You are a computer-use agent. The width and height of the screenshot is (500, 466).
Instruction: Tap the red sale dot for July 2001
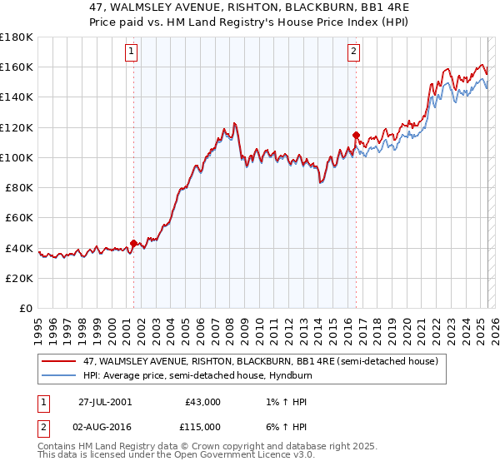pyautogui.click(x=133, y=244)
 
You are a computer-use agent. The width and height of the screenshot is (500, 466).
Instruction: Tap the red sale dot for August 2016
pyautogui.click(x=356, y=135)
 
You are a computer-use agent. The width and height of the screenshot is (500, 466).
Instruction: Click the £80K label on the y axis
pyautogui.click(x=19, y=187)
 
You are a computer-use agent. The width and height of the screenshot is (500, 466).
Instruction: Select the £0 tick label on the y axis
pyautogui.click(x=25, y=308)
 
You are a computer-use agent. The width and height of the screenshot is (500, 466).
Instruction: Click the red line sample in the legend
pyautogui.click(x=58, y=362)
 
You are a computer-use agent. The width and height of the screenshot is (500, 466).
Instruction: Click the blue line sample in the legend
pyautogui.click(x=58, y=376)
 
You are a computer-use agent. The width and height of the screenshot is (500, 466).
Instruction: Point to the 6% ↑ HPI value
pyautogui.click(x=282, y=427)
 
